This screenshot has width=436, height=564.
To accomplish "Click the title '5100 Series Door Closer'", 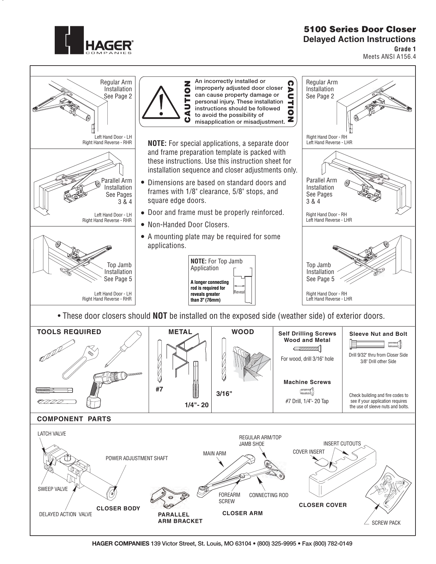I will tap(359, 29).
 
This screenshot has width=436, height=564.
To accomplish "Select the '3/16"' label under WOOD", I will tap(224, 394).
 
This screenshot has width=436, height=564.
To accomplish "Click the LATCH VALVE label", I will tap(52, 434).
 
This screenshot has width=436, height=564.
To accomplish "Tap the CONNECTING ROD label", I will tap(268, 495).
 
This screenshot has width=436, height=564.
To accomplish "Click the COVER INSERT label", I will tap(309, 452).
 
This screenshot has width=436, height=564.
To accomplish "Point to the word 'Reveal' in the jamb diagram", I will tap(239, 292).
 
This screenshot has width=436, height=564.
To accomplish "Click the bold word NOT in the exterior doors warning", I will tap(160, 316).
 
